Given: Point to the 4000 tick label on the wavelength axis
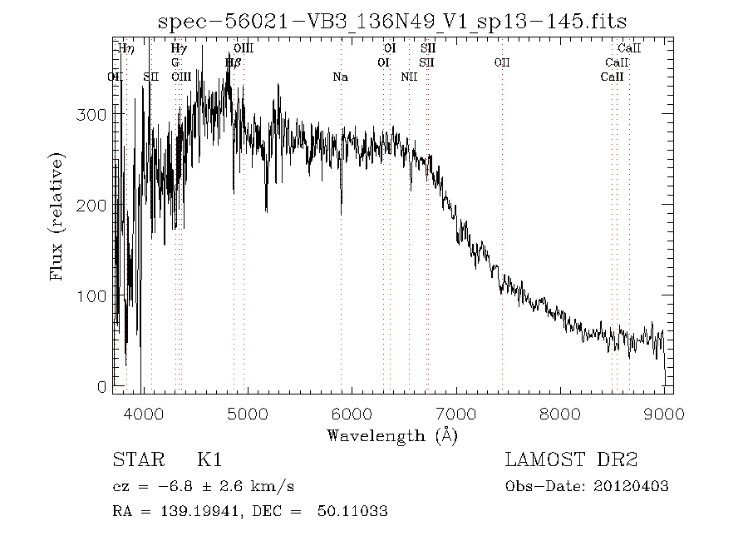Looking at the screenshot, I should [142, 415].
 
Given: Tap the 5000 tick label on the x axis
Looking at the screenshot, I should [247, 415].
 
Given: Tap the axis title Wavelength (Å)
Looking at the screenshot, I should [392, 435].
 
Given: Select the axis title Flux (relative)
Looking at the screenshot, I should [57, 216].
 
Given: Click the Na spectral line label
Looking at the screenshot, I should [340, 77].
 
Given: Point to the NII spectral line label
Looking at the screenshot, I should [409, 77].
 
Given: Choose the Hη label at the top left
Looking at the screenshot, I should [126, 49].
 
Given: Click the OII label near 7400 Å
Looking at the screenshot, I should [502, 62].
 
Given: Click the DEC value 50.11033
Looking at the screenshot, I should [352, 511].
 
